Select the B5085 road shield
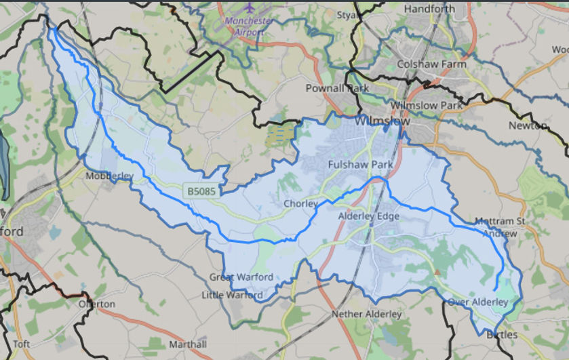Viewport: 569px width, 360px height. (x=202, y=192)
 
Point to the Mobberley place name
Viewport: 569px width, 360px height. (x=110, y=176)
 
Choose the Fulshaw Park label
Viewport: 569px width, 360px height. (x=360, y=165)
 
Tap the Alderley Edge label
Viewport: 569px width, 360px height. (x=369, y=216)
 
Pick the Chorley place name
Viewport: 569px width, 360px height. (x=300, y=203)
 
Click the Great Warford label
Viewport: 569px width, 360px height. (x=241, y=277)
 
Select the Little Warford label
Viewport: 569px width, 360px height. (x=233, y=295)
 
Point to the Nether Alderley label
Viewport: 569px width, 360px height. (x=366, y=314)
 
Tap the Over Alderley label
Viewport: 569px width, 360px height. (x=477, y=302)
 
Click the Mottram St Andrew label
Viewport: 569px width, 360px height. (x=501, y=227)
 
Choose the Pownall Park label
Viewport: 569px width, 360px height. (x=337, y=88)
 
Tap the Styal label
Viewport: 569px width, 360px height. (x=347, y=14)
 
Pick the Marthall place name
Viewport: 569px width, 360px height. (x=187, y=344)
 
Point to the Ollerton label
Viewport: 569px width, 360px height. (x=97, y=304)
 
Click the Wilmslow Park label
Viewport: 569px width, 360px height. (x=427, y=106)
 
